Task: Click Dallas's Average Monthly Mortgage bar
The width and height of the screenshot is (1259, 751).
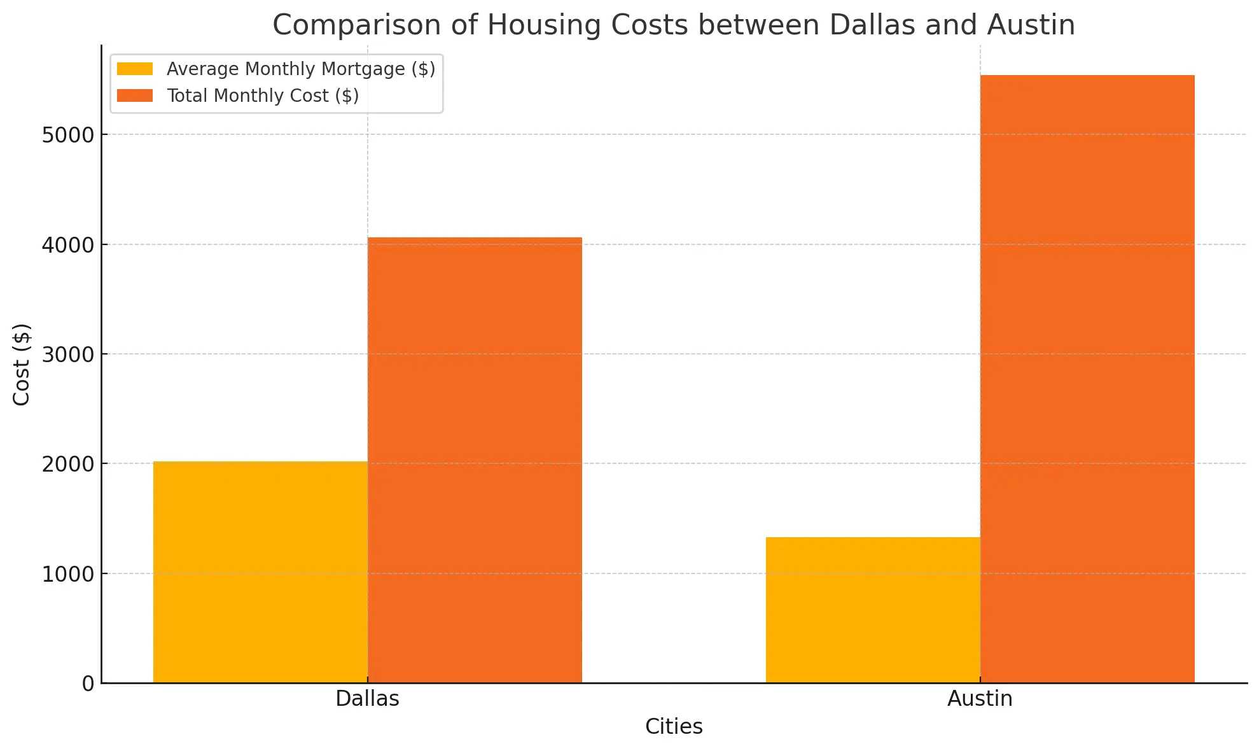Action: click(260, 572)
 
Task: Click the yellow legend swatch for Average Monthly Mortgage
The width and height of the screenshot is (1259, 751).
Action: click(135, 69)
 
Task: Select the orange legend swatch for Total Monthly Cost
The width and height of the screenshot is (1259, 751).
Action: click(135, 95)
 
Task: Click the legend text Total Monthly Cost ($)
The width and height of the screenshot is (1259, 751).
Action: click(263, 95)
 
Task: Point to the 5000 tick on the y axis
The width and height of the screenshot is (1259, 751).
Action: click(67, 135)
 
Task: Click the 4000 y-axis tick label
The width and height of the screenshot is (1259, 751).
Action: click(67, 245)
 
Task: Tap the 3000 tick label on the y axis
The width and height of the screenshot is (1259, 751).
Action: click(67, 354)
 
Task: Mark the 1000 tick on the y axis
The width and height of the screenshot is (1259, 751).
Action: click(67, 574)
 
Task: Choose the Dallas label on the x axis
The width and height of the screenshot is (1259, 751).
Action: click(367, 699)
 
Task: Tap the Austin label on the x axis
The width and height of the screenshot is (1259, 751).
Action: click(980, 699)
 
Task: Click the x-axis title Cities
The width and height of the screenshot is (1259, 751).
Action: click(674, 727)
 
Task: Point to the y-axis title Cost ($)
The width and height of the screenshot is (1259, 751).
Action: click(22, 364)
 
